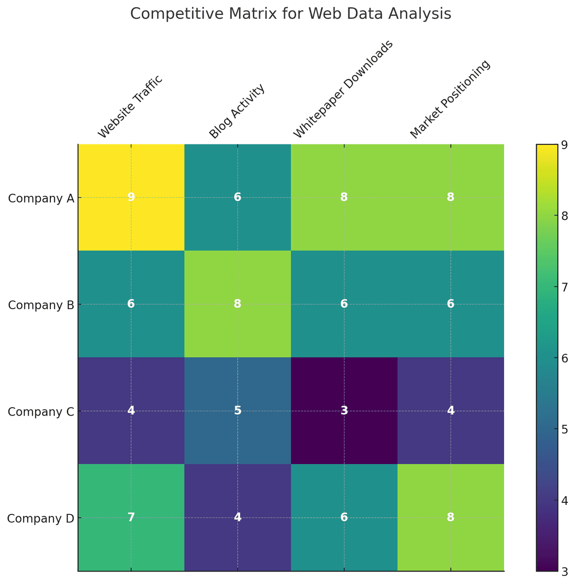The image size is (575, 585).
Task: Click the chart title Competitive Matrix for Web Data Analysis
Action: [290, 14]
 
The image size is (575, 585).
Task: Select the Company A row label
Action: [41, 198]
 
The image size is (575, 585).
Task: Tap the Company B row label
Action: [41, 304]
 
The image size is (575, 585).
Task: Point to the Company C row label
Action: [41, 411]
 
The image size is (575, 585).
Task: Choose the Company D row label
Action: [41, 518]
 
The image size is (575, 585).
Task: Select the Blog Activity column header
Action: [237, 110]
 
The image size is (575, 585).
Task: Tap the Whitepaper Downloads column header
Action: [343, 90]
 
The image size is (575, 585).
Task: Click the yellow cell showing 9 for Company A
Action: [131, 197]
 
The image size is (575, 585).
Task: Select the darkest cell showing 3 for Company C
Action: [344, 411]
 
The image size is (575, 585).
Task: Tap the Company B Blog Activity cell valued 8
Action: [238, 304]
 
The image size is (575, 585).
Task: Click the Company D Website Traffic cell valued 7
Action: [131, 517]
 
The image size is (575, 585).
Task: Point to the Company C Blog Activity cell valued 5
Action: [238, 411]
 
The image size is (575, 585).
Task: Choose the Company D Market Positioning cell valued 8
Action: [450, 517]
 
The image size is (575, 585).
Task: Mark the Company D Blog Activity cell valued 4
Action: [238, 517]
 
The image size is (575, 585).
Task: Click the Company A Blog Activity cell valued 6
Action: [238, 197]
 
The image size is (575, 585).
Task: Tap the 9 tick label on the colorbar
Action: [564, 144]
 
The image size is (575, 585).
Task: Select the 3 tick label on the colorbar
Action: [564, 571]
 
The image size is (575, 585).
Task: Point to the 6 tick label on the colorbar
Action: [564, 358]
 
